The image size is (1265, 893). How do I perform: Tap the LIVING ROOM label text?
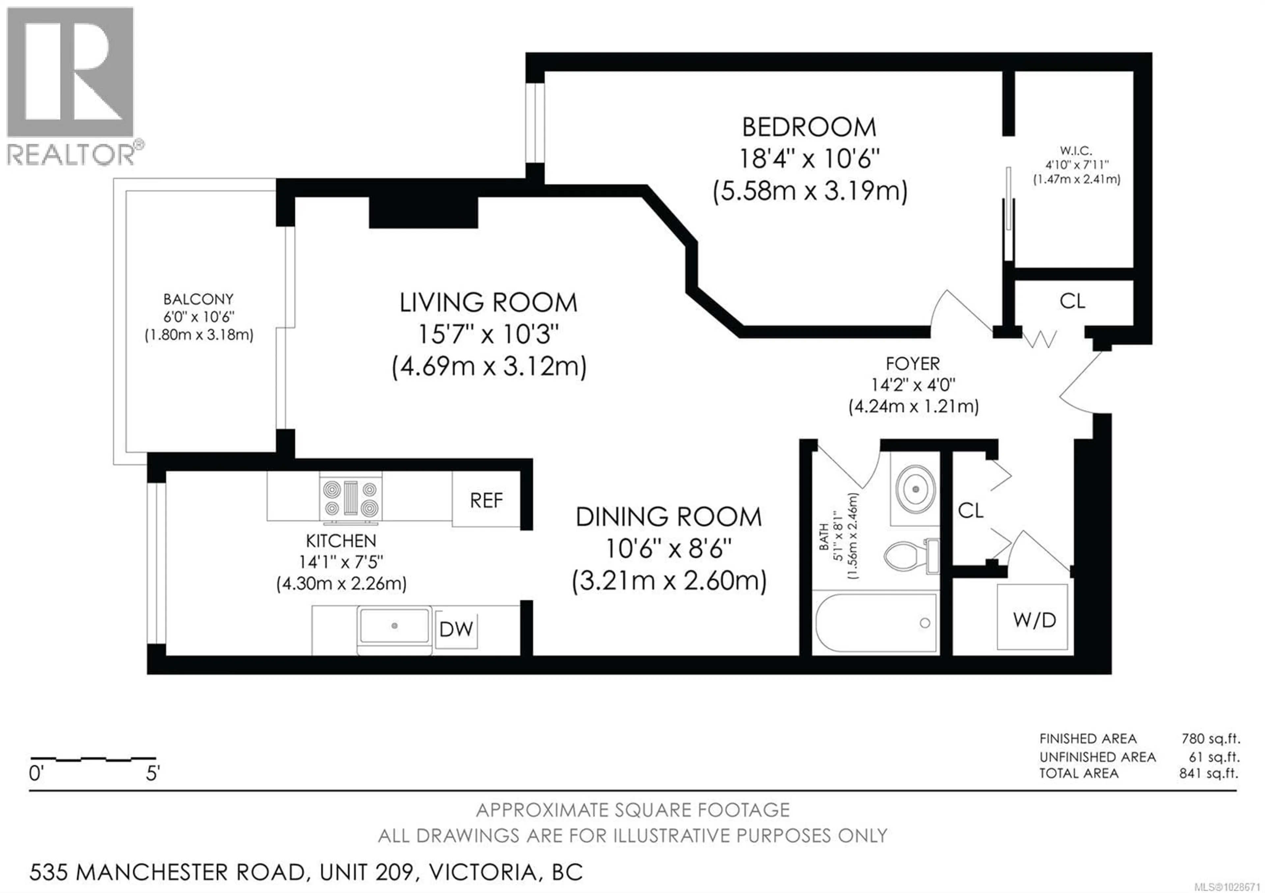(x=488, y=303)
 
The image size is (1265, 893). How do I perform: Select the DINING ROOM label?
(x=668, y=517)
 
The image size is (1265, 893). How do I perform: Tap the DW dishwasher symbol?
(x=456, y=629)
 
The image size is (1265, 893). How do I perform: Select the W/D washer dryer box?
(x=1034, y=620)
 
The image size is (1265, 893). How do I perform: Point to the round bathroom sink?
(x=915, y=488)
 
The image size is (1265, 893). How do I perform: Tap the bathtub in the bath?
(x=876, y=623)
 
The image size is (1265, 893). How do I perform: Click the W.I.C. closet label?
(x=1076, y=150)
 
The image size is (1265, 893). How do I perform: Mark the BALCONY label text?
(x=198, y=300)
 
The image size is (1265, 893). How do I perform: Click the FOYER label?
(x=913, y=364)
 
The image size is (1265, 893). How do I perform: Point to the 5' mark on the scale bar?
(x=153, y=773)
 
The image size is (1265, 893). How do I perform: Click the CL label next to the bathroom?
(x=970, y=510)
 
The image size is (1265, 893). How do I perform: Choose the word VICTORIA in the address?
(x=483, y=872)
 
